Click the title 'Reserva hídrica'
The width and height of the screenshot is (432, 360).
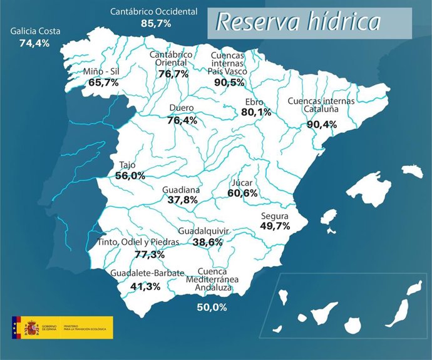point(298,22)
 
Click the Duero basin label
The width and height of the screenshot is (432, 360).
point(182,108)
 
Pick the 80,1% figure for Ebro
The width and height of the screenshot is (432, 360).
point(256,113)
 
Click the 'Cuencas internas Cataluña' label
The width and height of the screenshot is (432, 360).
point(321,105)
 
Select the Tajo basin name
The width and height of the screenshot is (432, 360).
point(126,165)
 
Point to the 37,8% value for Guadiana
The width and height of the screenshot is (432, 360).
point(182,200)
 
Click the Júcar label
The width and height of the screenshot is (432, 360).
point(242,183)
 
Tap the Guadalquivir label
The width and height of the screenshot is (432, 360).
point(203,231)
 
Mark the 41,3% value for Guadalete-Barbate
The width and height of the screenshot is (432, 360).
point(145,286)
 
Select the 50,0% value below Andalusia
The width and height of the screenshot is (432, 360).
point(211,307)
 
